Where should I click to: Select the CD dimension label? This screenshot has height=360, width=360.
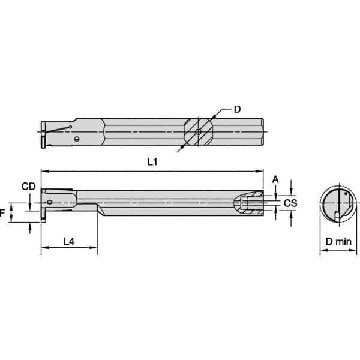(28, 187)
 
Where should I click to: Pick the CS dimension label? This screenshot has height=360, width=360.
(290, 203)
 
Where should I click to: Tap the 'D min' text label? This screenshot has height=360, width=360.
(334, 241)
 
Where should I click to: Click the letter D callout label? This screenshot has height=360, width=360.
(238, 109)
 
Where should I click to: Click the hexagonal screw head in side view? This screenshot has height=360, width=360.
(50, 202)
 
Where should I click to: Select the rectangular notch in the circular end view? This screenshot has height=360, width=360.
(338, 214)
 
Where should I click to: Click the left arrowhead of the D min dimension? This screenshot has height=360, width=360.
(322, 251)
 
